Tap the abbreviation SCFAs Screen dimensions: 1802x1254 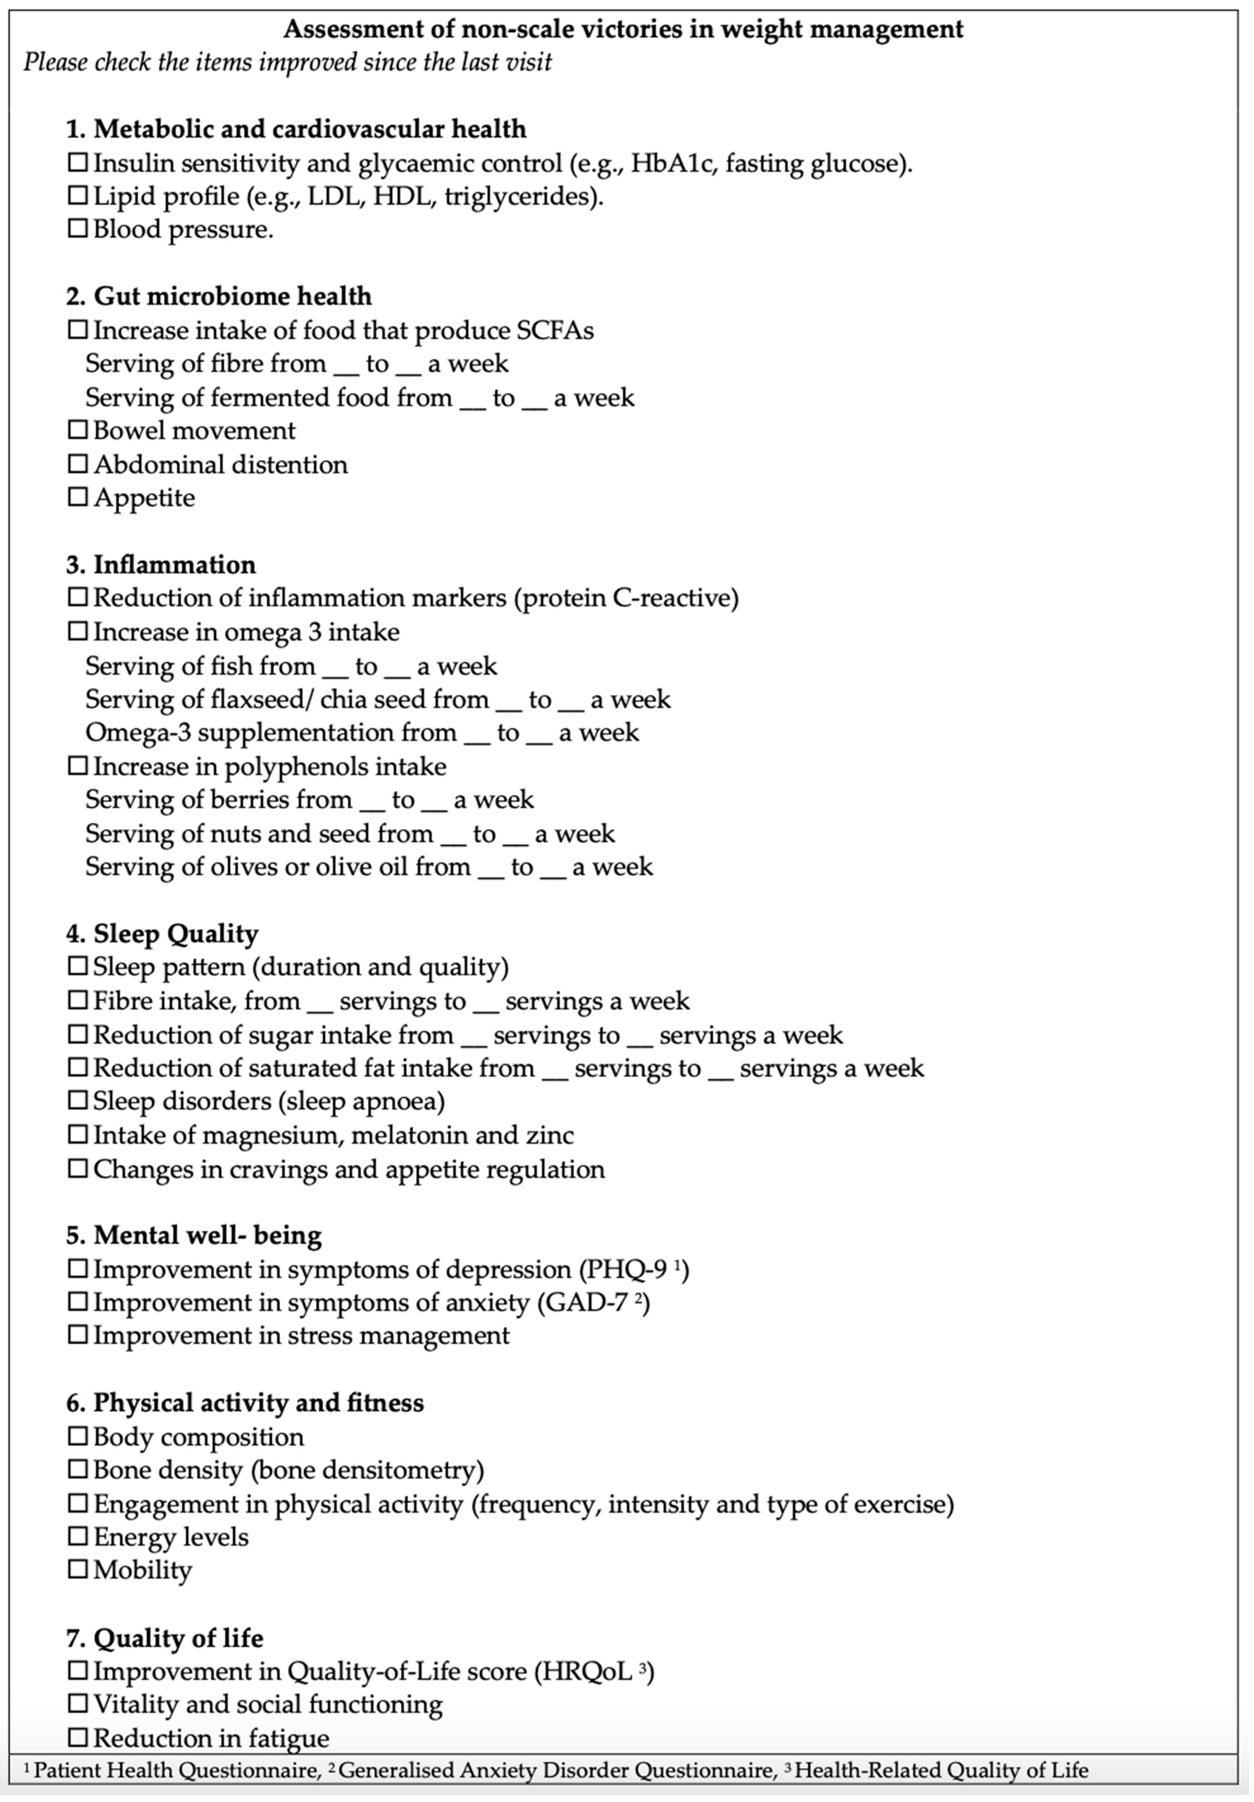click(555, 331)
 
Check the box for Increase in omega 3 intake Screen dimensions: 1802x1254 click(78, 632)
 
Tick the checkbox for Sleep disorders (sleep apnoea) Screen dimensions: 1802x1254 click(78, 1101)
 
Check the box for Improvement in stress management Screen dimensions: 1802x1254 click(78, 1335)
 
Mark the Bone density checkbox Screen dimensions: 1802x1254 click(78, 1470)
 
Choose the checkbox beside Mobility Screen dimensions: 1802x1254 click(78, 1570)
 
